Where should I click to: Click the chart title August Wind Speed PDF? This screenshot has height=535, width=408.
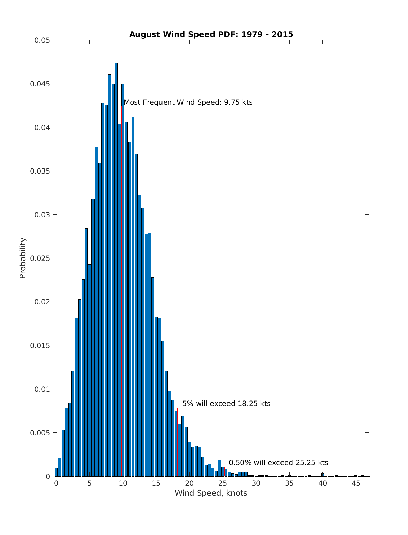211,34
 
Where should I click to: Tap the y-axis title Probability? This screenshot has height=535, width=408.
23,258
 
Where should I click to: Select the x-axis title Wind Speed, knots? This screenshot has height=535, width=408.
211,493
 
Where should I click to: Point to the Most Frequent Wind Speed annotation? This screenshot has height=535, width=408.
188,102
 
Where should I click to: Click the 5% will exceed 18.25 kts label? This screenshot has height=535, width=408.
226,404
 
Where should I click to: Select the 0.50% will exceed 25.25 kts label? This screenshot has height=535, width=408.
278,463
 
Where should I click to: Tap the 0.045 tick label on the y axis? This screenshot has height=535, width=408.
40,84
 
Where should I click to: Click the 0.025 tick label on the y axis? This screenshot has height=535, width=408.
40,258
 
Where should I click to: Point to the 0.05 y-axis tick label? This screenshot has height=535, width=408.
42,40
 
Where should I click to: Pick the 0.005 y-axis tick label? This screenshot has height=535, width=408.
40,433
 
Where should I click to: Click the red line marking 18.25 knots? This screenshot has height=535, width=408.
178,442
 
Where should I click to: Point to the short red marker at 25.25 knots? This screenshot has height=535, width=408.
224,471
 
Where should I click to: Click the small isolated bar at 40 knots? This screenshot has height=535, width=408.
323,475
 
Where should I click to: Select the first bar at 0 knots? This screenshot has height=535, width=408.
56,472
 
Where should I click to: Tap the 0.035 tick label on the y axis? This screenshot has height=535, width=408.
40,171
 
